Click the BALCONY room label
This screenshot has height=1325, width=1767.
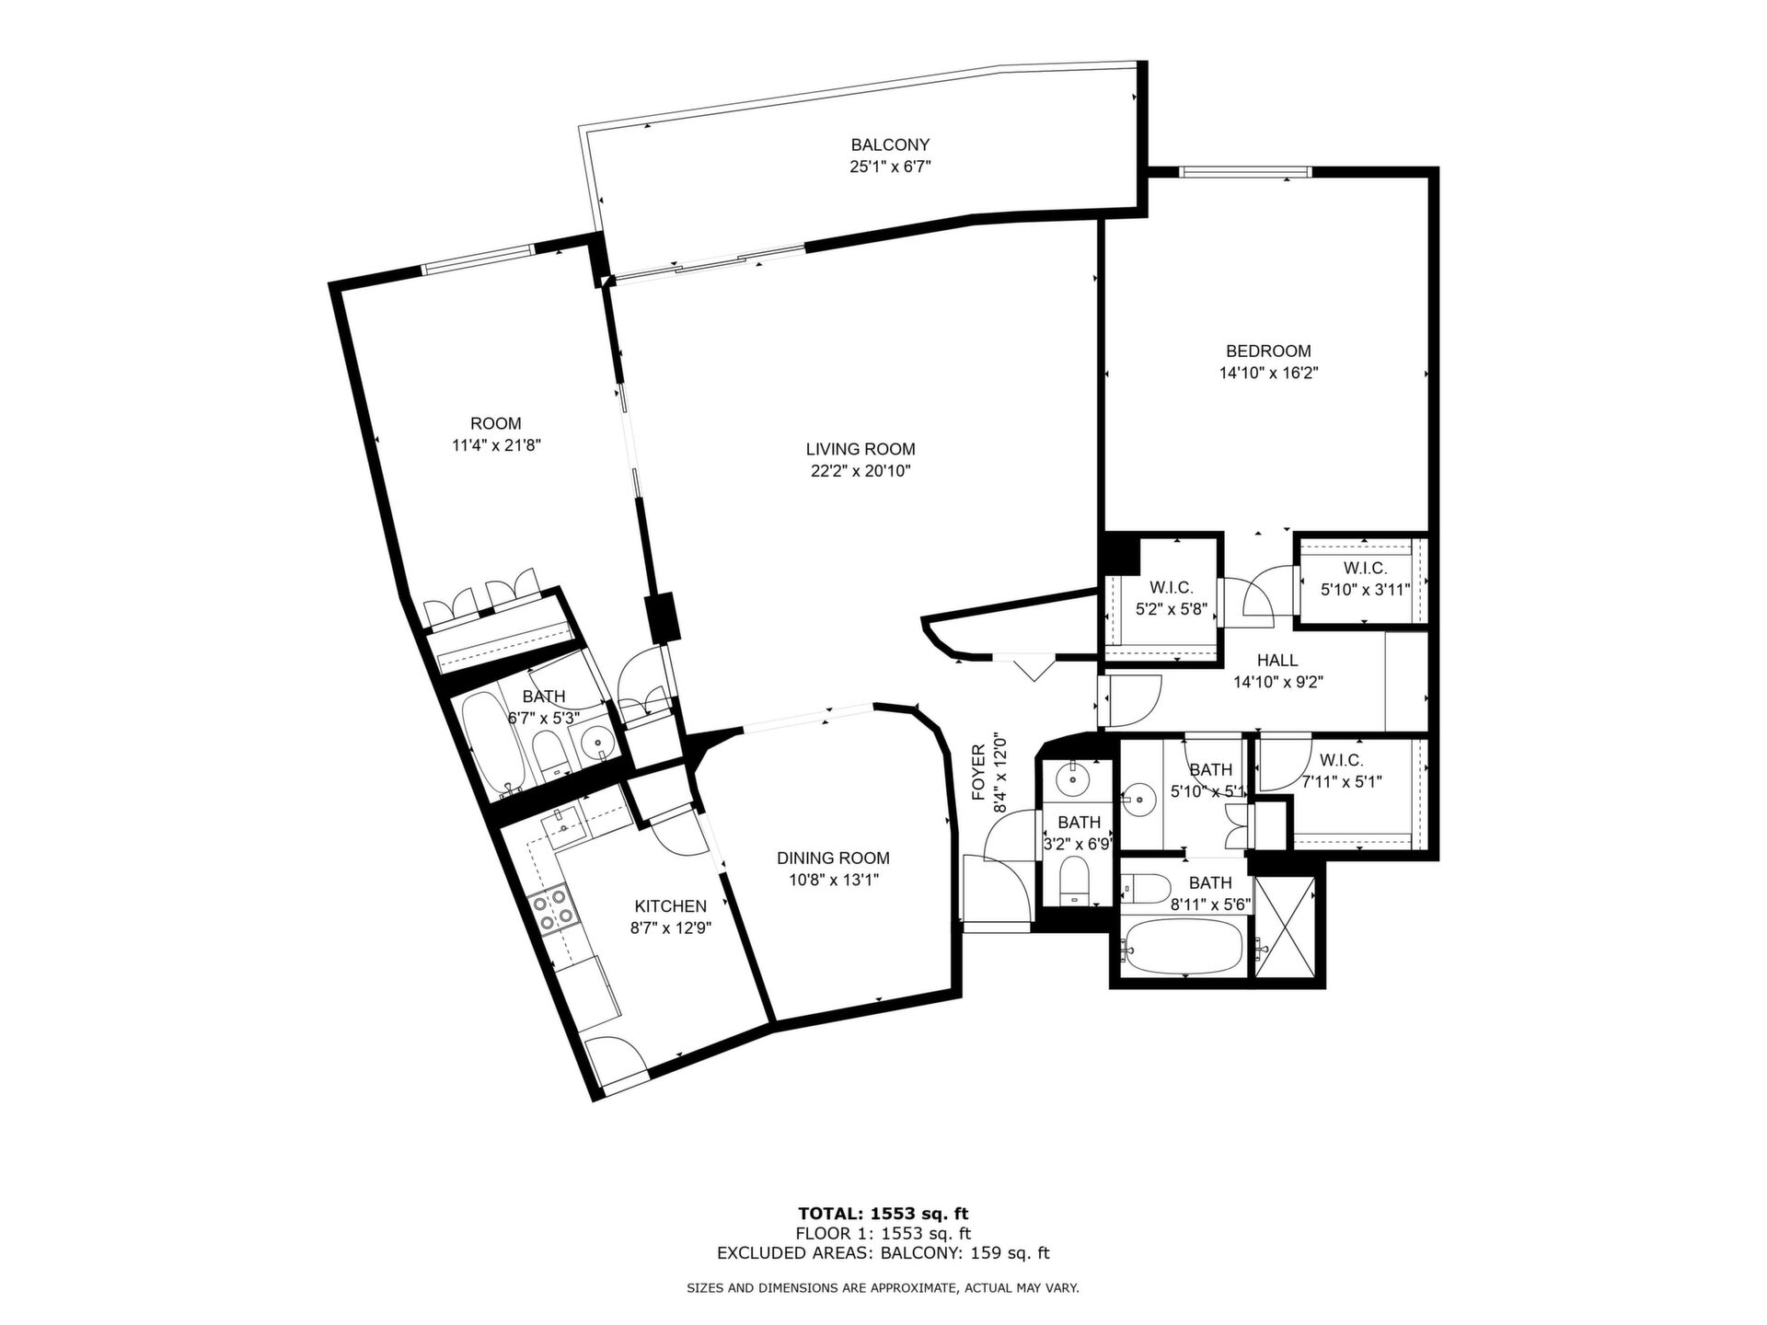click(890, 144)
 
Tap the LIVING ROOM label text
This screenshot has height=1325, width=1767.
click(860, 449)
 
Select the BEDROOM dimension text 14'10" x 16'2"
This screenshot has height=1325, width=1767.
click(1268, 373)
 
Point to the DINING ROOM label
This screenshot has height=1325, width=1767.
click(833, 858)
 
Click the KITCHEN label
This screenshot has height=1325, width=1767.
click(671, 906)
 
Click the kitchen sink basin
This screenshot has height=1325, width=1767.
click(565, 825)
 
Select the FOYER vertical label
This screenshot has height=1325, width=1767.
click(978, 772)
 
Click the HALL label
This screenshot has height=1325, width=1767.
click(1277, 660)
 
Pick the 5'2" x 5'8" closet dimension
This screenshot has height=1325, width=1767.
click(1171, 608)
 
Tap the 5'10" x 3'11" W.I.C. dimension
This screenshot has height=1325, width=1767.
click(1365, 590)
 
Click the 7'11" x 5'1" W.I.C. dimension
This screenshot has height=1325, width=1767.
click(1342, 782)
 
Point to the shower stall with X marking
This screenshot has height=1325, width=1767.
click(1286, 927)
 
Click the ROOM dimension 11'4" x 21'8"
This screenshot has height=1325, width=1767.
click(496, 445)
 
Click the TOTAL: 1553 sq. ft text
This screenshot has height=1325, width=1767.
click(883, 1214)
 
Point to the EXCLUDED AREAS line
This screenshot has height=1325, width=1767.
click(883, 1253)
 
